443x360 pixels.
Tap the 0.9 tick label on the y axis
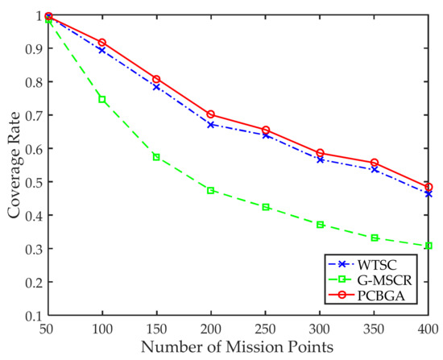click(31, 48)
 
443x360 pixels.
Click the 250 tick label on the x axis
click(265, 331)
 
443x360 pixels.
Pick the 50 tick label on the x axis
click(48, 331)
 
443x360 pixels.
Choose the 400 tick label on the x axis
click(428, 331)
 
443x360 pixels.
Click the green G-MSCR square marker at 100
click(102, 99)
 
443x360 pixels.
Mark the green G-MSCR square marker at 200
click(211, 191)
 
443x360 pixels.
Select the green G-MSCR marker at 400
click(429, 246)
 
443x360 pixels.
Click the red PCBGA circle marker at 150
click(156, 80)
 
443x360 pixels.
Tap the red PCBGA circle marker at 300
click(320, 153)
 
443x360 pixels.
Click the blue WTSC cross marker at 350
click(374, 170)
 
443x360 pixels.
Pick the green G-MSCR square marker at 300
click(320, 225)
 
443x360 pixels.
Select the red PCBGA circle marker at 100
click(102, 43)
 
